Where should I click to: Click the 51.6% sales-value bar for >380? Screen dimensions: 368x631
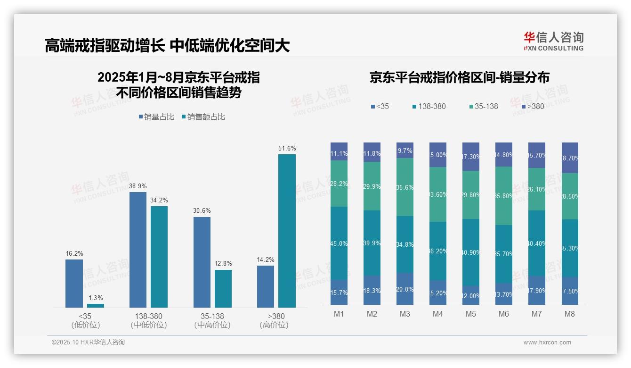pyautogui.click(x=287, y=231)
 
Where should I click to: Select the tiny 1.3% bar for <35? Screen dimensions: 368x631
pyautogui.click(x=96, y=306)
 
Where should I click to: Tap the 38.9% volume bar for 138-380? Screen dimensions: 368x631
pyautogui.click(x=138, y=250)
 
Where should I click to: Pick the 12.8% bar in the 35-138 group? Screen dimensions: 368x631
pyautogui.click(x=223, y=288)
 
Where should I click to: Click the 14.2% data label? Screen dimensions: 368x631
pyautogui.click(x=266, y=259)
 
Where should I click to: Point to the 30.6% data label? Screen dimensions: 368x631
pyautogui.click(x=202, y=211)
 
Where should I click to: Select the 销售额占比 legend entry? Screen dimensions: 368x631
pyautogui.click(x=203, y=117)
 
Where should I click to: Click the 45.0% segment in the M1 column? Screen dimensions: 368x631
pyautogui.click(x=339, y=243)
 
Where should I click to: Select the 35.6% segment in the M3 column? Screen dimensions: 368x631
pyautogui.click(x=405, y=187)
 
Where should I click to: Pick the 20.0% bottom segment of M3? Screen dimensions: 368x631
pyautogui.click(x=405, y=289)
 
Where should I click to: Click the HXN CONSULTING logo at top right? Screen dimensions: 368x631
pyautogui.click(x=553, y=42)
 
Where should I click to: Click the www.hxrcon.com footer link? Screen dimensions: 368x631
pyautogui.click(x=547, y=343)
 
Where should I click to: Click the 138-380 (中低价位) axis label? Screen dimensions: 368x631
pyautogui.click(x=149, y=320)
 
